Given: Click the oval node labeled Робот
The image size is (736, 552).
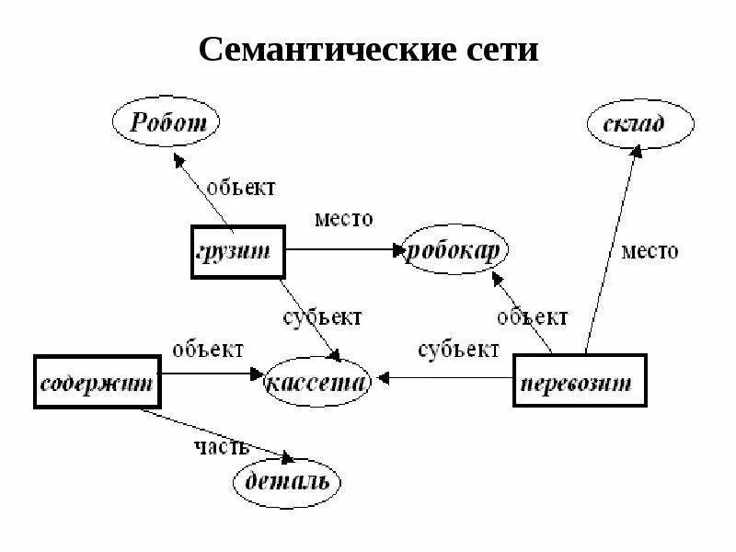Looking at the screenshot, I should tap(165, 122).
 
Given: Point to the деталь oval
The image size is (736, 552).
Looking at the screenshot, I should tap(286, 482).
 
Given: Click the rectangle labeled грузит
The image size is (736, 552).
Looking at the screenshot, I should tap(237, 251).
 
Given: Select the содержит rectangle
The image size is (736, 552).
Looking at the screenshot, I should tap(96, 381).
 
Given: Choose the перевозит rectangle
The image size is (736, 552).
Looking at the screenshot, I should tap(579, 380).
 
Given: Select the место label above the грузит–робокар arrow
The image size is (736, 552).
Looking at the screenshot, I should tap(343, 219).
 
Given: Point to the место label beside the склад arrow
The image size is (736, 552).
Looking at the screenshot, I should tap(650, 250).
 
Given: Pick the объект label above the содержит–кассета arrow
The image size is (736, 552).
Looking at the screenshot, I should tap(209, 350).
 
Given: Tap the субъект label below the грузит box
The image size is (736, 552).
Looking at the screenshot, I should tap(321, 317).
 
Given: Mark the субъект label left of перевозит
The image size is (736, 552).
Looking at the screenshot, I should tap(458, 350).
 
